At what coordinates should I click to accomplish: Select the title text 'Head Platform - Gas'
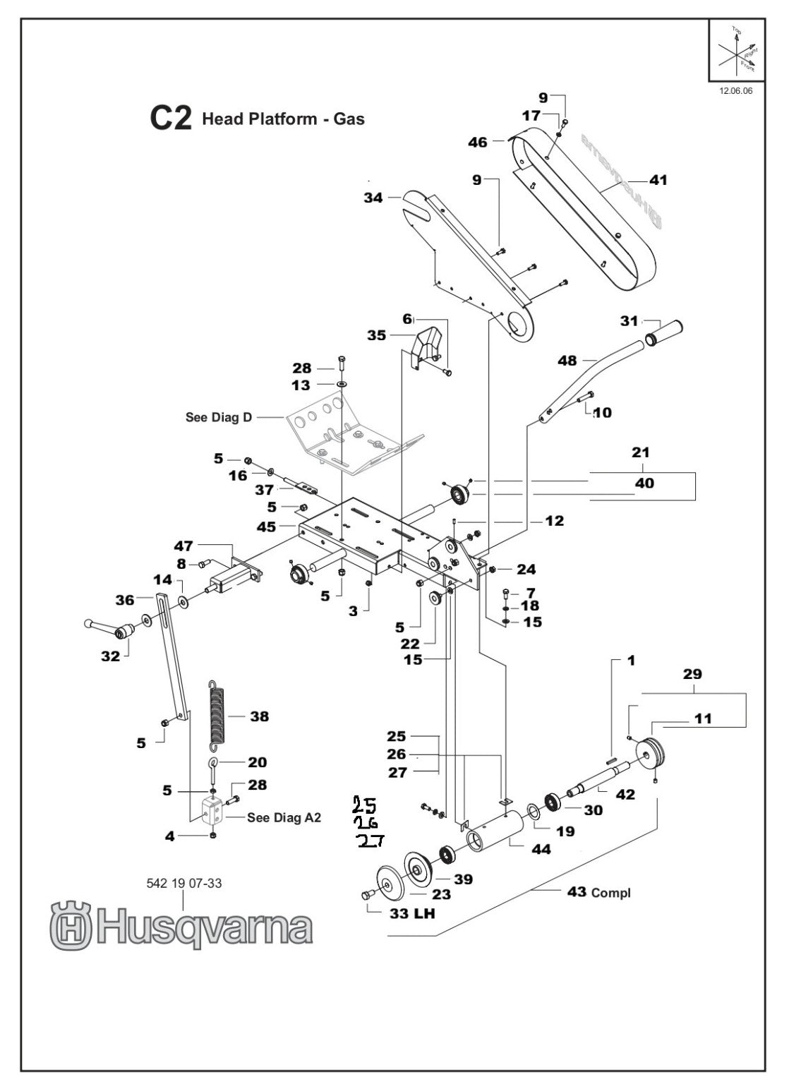pyautogui.click(x=283, y=119)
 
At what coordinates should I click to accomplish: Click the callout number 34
pyautogui.click(x=373, y=198)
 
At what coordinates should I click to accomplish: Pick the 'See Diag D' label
pyautogui.click(x=218, y=417)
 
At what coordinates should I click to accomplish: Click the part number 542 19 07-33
pyautogui.click(x=183, y=882)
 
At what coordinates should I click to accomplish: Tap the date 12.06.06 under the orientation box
pyautogui.click(x=736, y=91)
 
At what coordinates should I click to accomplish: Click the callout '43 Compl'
pyautogui.click(x=598, y=893)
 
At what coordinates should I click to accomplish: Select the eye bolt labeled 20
pyautogui.click(x=213, y=765)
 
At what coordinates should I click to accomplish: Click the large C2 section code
pyautogui.click(x=170, y=119)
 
